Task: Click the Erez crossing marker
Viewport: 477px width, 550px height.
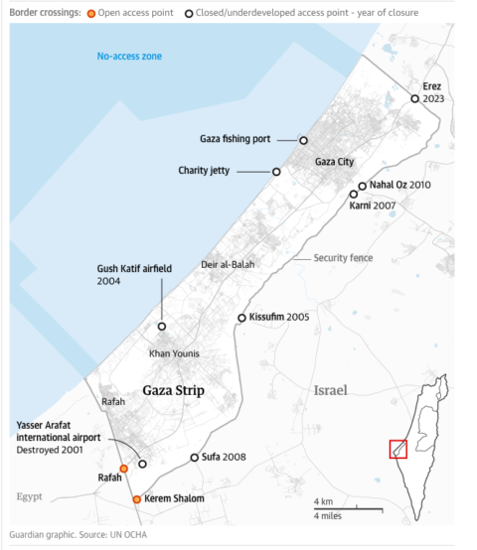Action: tap(415, 98)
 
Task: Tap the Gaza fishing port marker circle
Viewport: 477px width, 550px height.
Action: tap(304, 141)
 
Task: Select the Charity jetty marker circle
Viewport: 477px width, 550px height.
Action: tap(276, 172)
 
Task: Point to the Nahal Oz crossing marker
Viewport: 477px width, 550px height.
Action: tap(363, 186)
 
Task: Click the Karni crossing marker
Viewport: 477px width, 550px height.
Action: tap(353, 195)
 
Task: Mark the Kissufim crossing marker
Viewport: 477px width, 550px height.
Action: tap(241, 318)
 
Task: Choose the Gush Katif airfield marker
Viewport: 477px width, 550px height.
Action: tap(162, 326)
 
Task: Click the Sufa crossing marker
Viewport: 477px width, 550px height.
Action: tap(195, 458)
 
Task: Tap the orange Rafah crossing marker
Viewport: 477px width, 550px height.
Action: tap(123, 469)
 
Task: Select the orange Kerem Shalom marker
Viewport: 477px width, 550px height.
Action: tap(137, 499)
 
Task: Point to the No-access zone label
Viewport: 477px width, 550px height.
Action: tap(129, 57)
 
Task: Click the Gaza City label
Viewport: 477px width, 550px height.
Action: tap(334, 161)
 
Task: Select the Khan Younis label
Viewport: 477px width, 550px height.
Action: tap(174, 353)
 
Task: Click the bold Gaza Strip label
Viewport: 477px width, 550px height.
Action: tap(174, 390)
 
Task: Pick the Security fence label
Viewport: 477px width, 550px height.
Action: tap(343, 258)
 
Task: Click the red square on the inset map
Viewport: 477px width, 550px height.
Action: tap(397, 449)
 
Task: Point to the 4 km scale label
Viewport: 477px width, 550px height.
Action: tap(323, 499)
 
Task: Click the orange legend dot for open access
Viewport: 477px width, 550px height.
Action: tap(92, 12)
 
